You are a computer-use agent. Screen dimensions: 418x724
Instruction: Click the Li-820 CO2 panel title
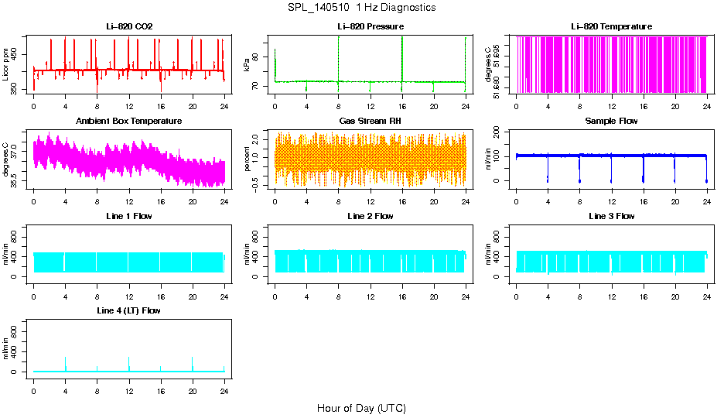(129, 27)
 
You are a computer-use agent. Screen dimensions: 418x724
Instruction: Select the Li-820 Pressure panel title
(370, 27)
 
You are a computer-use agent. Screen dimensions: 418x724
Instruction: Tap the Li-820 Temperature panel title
(611, 27)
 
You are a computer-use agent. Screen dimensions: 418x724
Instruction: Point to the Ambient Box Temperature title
(129, 122)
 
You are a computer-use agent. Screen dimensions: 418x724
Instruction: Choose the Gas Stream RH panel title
(370, 122)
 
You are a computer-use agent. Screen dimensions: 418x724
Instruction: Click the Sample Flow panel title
(611, 122)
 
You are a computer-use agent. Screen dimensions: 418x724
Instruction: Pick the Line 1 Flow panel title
(129, 216)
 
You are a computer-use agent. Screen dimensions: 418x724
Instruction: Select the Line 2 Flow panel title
(370, 216)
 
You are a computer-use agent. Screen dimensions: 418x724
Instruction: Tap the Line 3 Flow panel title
(611, 216)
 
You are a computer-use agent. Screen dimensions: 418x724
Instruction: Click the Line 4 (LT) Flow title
(129, 310)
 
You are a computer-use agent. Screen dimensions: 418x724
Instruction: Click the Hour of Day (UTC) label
(361, 408)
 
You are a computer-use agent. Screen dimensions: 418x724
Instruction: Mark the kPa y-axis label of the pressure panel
(248, 65)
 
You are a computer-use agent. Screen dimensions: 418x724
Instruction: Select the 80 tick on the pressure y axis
(258, 56)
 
